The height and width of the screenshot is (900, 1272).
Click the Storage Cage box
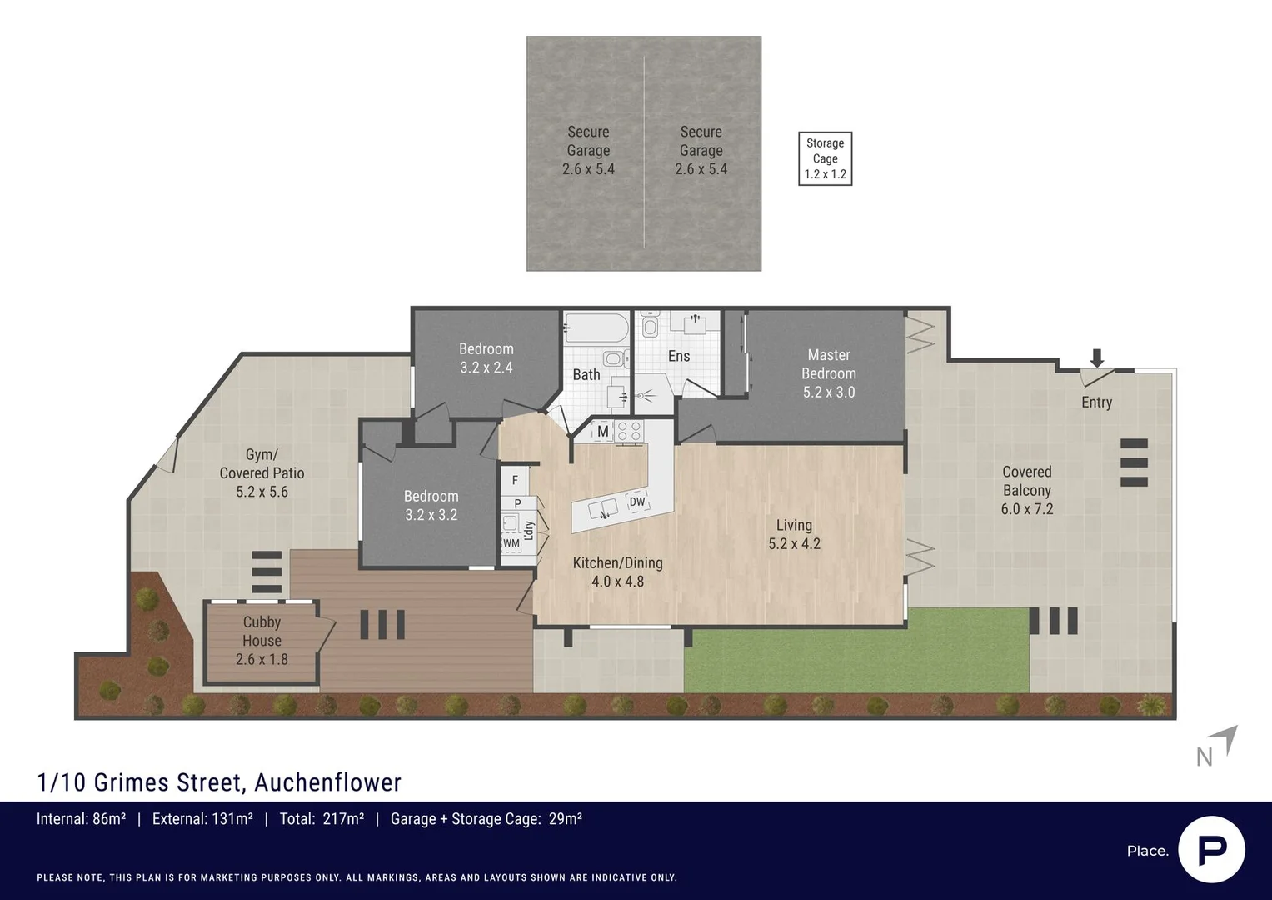(825, 158)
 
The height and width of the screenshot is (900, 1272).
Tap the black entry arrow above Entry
(1097, 358)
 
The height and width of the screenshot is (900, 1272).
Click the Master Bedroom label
(828, 373)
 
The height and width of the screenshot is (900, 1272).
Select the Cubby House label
(262, 640)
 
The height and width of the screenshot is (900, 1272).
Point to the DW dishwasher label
(636, 502)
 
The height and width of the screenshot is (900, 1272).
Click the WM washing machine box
(511, 543)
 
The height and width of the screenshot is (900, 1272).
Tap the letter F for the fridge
(515, 480)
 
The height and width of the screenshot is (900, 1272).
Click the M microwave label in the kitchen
(602, 432)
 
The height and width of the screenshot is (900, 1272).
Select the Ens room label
(679, 356)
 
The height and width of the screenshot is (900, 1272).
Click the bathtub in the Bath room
(596, 327)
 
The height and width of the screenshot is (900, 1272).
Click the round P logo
(1211, 850)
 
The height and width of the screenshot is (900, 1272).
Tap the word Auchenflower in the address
(327, 782)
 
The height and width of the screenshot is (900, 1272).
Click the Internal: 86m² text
(81, 819)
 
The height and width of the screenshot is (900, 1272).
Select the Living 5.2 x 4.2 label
(794, 534)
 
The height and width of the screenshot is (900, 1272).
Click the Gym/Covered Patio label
(262, 472)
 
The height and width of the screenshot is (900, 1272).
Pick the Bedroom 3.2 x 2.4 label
(486, 357)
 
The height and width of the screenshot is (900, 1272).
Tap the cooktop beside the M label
(630, 431)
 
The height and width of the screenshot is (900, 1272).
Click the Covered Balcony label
(1026, 490)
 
